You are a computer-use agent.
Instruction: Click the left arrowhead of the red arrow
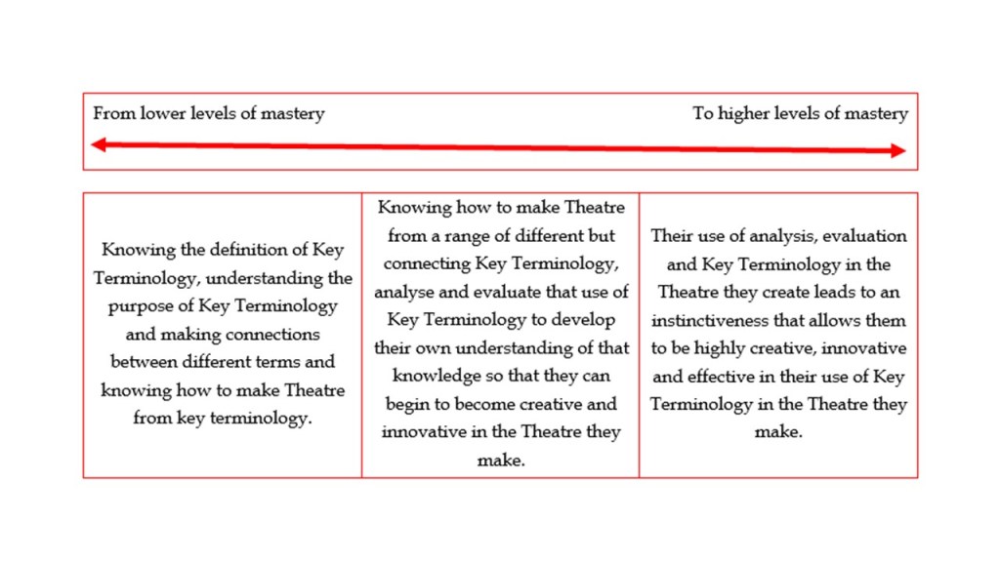(x=98, y=144)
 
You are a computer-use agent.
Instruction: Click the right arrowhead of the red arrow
(x=898, y=151)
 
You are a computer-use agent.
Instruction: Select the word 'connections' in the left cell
(x=271, y=334)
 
